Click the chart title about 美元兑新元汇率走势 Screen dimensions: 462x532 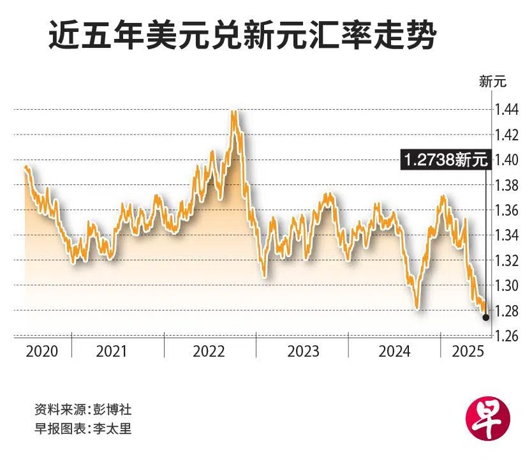242,38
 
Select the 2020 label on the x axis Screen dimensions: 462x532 42,351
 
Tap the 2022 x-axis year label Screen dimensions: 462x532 209,351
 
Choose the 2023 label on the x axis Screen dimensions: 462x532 303,351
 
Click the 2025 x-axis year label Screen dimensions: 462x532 468,351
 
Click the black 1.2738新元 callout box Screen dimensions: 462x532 445,160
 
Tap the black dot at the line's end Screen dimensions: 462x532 486,317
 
